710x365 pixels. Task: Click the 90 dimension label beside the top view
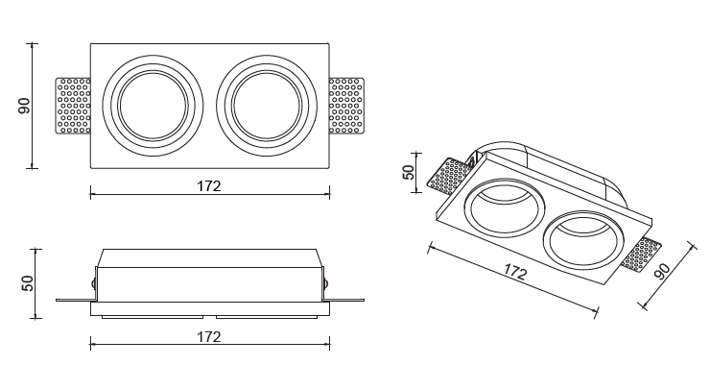(x=24, y=106)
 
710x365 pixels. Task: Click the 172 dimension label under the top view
(x=209, y=186)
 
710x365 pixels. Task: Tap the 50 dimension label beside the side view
(x=27, y=283)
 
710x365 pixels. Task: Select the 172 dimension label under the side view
(x=209, y=337)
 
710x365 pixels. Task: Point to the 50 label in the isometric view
(x=408, y=172)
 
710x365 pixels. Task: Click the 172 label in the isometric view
(x=515, y=272)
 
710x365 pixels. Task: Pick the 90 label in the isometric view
(x=662, y=271)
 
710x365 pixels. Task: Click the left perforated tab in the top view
(x=73, y=106)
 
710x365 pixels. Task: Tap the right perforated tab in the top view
(x=346, y=106)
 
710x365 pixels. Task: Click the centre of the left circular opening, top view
(x=154, y=106)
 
